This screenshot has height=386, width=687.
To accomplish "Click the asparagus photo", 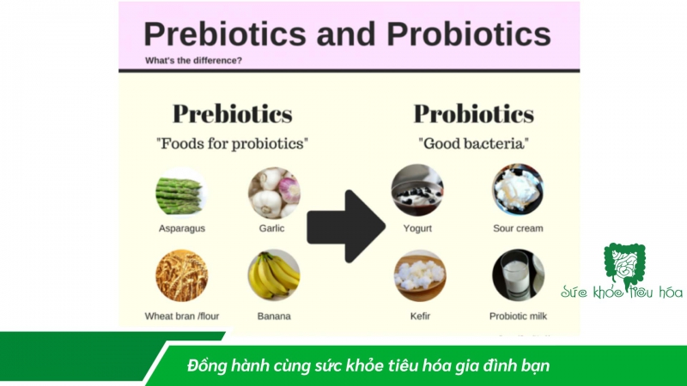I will [180, 193].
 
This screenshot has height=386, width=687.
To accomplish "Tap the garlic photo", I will [274, 193].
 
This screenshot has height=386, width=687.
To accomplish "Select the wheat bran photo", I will [181, 276].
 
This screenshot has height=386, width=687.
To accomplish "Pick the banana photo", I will [274, 276].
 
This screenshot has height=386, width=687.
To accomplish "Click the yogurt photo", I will [417, 191].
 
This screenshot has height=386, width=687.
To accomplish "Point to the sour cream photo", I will [518, 191].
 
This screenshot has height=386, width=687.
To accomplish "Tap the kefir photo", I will [419, 276].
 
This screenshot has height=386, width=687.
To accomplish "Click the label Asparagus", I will [181, 229].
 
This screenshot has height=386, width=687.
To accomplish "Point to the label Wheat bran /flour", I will [181, 316].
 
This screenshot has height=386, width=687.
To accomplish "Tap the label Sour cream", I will [518, 229].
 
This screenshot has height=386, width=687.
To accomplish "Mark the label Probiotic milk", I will [518, 316].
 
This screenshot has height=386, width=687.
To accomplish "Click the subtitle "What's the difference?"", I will [193, 61].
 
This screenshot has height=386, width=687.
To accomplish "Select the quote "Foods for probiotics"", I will [232, 142].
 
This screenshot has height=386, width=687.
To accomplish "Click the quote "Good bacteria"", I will [473, 142].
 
